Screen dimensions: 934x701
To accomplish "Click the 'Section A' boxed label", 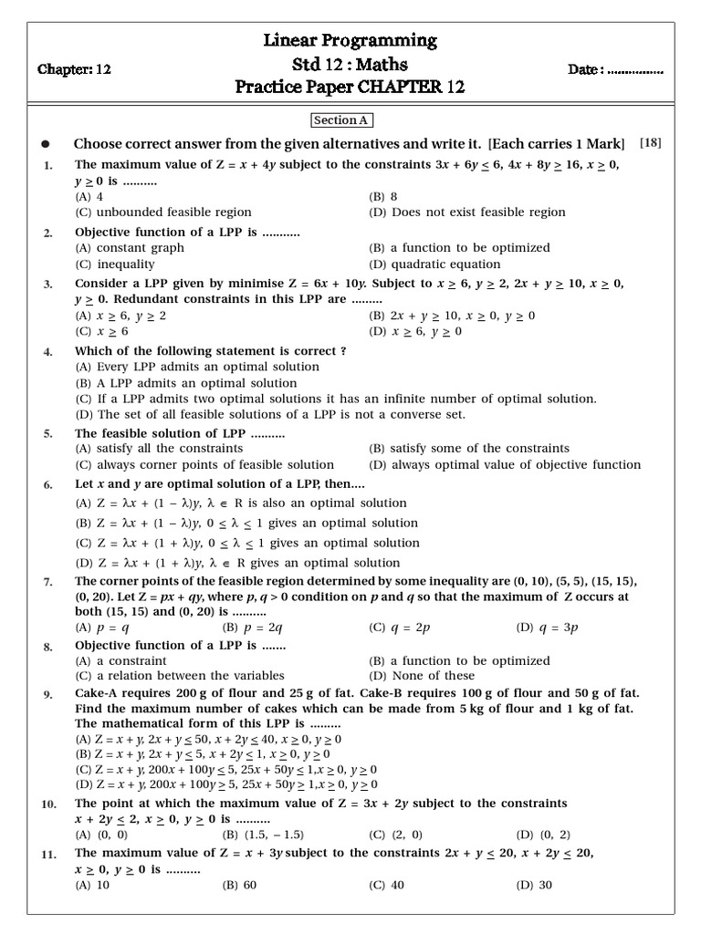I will point(342,120).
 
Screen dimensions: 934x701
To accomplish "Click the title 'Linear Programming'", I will point(350,40).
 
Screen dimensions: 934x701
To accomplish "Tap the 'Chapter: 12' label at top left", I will point(74,69).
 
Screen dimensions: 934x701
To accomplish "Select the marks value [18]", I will point(651,142).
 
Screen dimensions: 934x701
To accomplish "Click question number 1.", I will point(47,166).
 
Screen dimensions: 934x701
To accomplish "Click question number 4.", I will point(47,352).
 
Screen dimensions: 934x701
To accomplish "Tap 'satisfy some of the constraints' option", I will point(469,448).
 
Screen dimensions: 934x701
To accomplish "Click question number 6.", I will point(47,485).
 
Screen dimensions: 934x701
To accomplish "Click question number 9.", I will point(47,695).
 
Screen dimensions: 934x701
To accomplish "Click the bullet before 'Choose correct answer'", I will point(46,144).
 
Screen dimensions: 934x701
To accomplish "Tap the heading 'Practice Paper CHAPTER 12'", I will point(350,88).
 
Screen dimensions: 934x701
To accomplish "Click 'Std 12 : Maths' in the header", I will point(350,64).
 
